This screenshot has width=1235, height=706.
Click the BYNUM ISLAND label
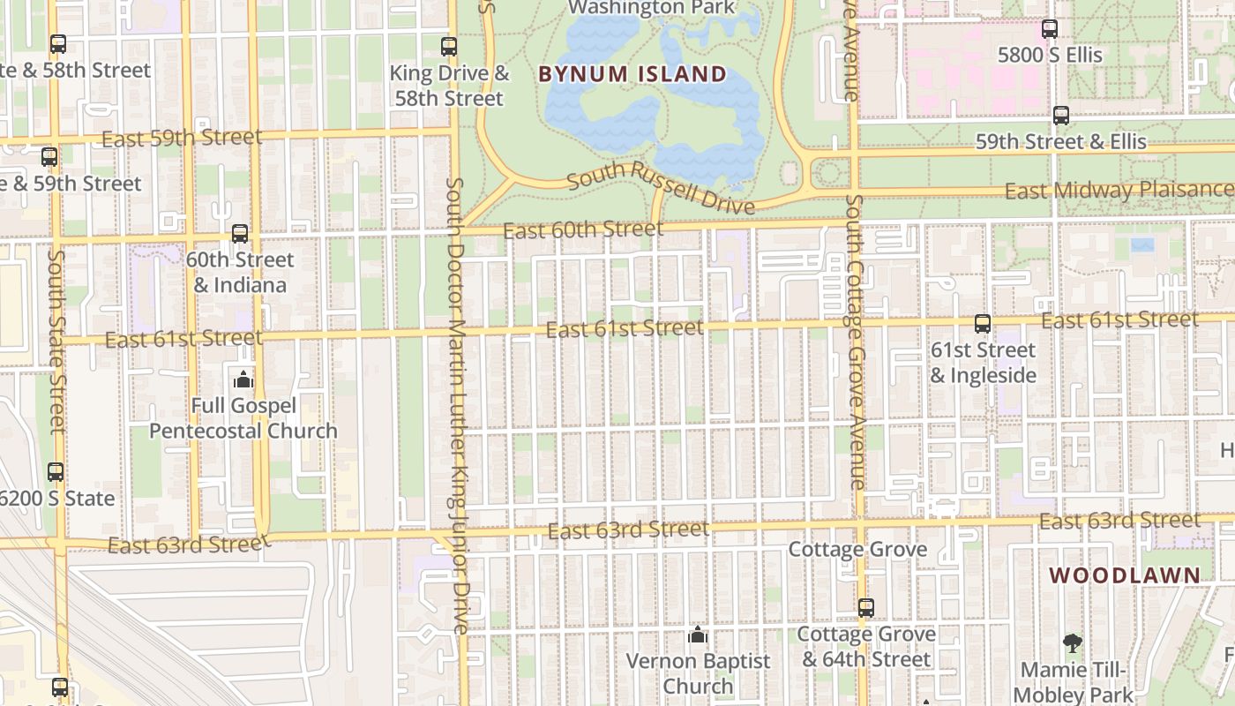point(632,74)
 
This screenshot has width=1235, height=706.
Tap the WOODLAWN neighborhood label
point(1125,575)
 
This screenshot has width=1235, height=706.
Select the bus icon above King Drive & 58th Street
point(449,47)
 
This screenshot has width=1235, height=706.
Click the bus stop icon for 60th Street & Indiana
point(240,234)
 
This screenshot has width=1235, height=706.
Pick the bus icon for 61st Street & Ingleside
point(983,324)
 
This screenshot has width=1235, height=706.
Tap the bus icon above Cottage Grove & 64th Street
point(866,608)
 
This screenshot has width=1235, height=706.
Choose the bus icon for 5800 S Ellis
point(1050,29)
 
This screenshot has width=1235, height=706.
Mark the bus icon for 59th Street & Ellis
point(1061,116)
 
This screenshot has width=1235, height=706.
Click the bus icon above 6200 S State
point(56,472)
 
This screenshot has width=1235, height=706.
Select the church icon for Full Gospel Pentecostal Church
point(243,380)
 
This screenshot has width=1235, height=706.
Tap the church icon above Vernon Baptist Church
point(698,635)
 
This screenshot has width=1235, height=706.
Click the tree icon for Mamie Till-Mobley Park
point(1073,643)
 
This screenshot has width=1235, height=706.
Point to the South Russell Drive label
point(661,188)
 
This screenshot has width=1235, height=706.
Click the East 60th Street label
point(583,230)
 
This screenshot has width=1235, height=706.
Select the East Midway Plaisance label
point(1119,190)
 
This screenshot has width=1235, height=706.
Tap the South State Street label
point(57,342)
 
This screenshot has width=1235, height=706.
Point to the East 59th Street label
point(182,139)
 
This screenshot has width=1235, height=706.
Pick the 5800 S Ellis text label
point(1050,55)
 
